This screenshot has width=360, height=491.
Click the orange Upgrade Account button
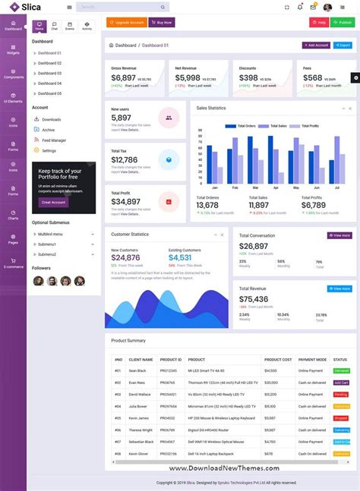(127, 23)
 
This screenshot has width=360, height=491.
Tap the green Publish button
(343, 23)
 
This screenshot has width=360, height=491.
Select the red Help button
(319, 23)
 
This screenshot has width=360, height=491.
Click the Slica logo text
(31, 7)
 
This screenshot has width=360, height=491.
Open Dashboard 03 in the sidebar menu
(49, 73)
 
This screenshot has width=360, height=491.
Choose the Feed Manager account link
(54, 140)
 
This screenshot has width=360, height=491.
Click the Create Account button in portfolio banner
(54, 202)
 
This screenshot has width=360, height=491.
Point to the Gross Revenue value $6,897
(124, 78)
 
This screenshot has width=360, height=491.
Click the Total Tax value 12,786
(125, 160)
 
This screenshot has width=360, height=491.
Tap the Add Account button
(316, 46)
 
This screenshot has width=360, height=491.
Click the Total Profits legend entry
(308, 126)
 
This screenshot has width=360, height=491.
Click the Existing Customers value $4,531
(180, 258)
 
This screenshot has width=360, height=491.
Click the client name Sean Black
(137, 370)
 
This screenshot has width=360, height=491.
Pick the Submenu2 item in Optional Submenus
(47, 254)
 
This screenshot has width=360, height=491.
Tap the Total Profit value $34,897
(125, 201)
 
